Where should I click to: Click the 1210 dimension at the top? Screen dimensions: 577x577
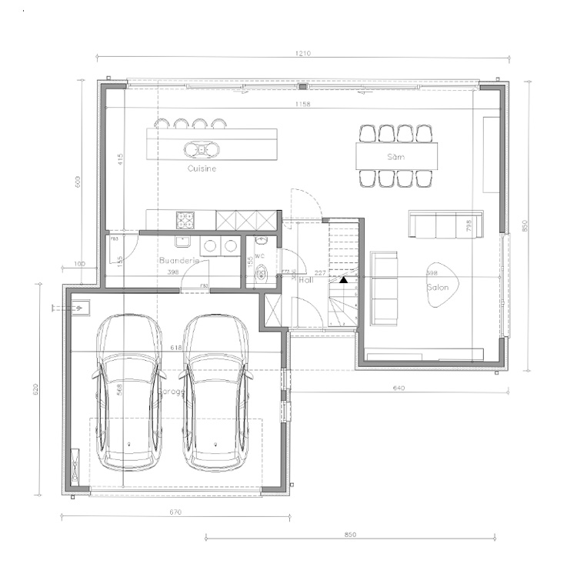coord(302,54)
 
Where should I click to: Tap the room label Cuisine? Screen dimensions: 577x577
coord(202,168)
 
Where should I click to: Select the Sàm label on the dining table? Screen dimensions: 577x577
coord(396,156)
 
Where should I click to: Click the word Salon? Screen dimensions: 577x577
coord(438,287)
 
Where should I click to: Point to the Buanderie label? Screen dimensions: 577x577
coord(179,261)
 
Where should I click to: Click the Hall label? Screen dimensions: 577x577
coord(305,280)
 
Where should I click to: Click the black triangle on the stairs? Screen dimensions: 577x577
coord(344,279)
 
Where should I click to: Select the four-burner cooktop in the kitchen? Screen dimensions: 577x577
coord(185,221)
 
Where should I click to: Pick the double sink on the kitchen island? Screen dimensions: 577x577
coord(201,148)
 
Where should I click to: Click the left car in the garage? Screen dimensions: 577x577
coord(128,392)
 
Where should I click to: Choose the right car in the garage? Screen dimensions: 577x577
coord(216,392)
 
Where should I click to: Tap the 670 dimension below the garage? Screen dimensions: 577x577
coord(175,512)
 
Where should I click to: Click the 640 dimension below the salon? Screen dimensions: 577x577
coord(399,389)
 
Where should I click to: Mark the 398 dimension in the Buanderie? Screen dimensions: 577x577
coord(173,272)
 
